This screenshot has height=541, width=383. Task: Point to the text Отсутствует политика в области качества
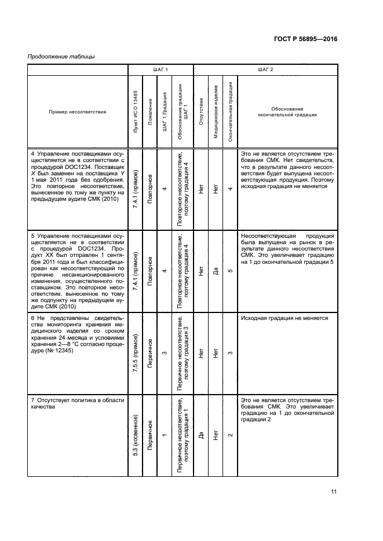coord(77,403)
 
